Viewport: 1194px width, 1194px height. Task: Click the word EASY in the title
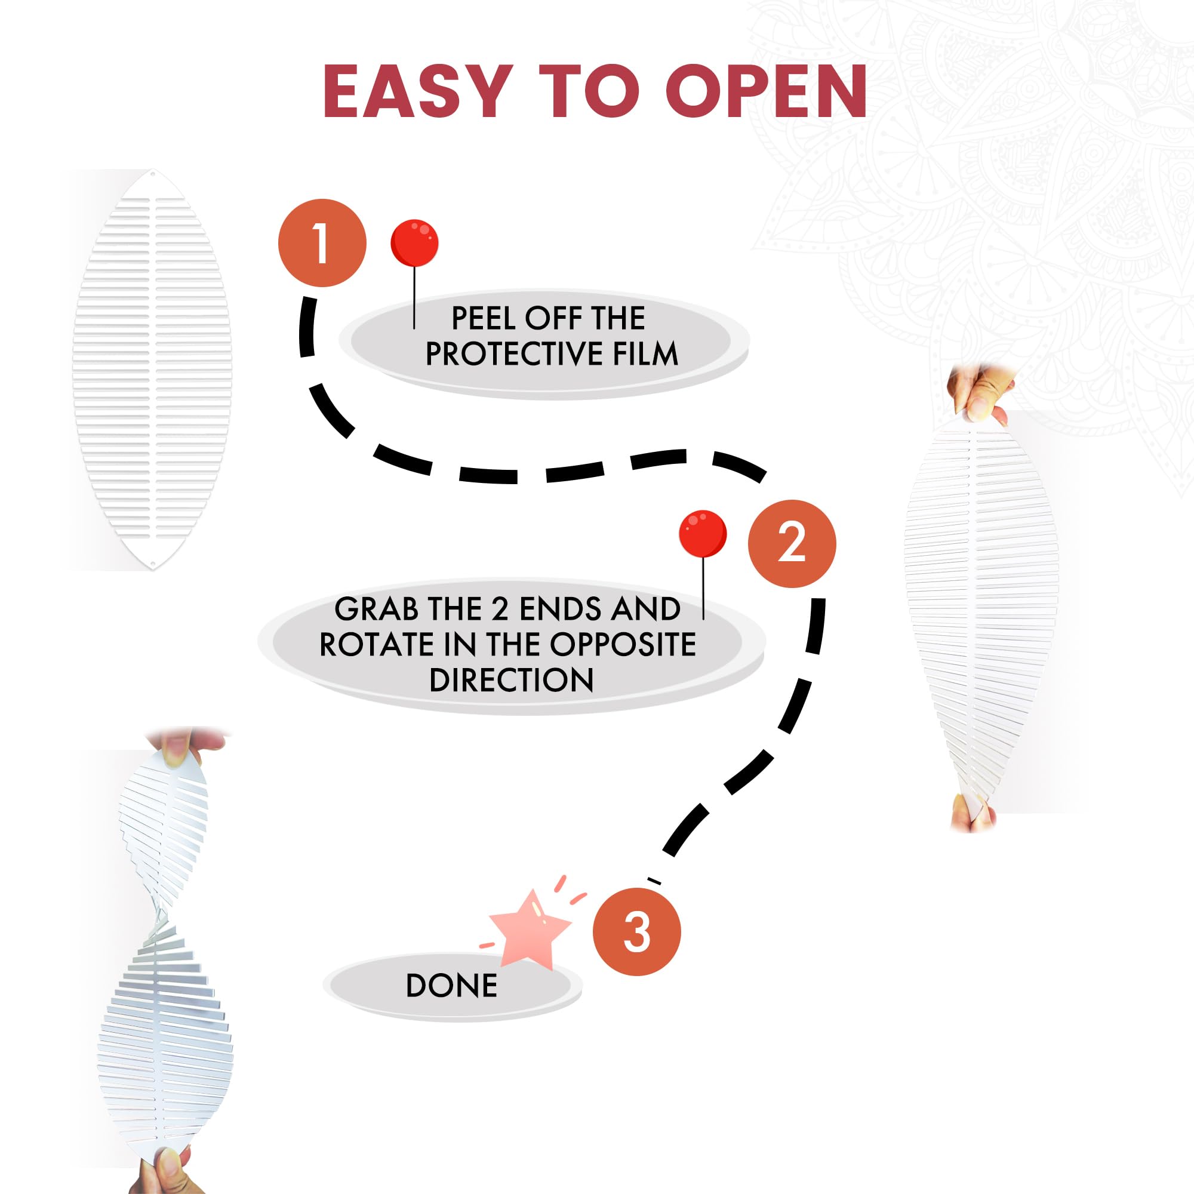[x=418, y=91]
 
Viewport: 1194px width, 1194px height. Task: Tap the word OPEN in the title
[x=767, y=91]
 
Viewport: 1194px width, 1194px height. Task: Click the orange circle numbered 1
[x=322, y=243]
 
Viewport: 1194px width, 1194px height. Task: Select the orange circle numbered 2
[x=792, y=544]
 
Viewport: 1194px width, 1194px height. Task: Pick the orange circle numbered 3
[x=636, y=932]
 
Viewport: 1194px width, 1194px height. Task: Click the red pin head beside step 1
[x=415, y=242]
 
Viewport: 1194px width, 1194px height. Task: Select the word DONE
[x=451, y=986]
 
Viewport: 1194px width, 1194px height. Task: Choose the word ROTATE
[x=376, y=645]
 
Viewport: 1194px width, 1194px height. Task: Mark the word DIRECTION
[x=511, y=681]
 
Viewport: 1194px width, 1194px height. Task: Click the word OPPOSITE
[x=623, y=645]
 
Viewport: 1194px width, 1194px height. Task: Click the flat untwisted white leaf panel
[x=152, y=370]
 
